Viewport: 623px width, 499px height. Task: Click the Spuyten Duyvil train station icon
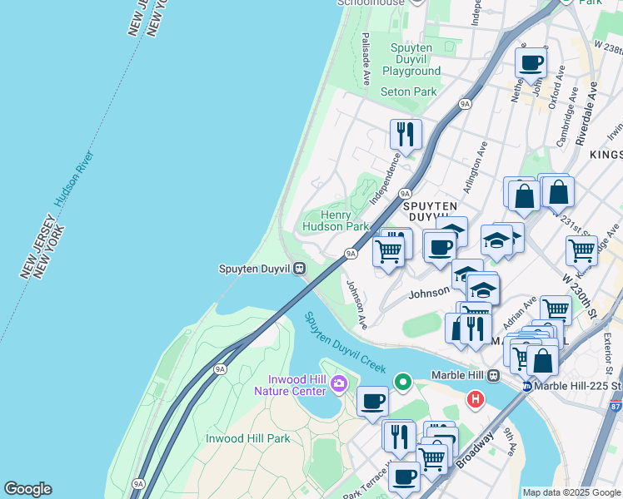point(299,269)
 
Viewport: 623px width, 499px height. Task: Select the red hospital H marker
point(476,400)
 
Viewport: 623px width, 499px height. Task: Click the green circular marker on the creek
point(403,383)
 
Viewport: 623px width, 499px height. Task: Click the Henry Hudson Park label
point(333,220)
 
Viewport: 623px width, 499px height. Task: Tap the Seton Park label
point(408,91)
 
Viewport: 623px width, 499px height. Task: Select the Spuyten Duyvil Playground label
point(411,59)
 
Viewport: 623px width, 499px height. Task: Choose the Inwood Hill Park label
point(247,438)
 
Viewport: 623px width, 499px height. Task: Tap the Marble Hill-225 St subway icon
point(527,387)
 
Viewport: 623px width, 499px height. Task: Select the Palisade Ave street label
point(366,59)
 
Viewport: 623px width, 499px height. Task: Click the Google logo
point(27,489)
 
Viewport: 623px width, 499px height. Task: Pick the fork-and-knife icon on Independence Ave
point(406,132)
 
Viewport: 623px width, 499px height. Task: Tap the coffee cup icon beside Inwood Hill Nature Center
point(372,401)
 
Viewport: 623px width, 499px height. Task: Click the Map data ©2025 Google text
point(571,492)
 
